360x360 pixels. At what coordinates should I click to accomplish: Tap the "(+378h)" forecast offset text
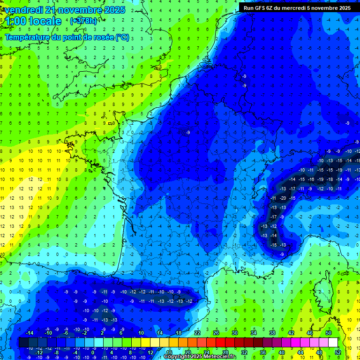86,21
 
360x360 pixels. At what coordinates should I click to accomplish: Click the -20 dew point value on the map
283,198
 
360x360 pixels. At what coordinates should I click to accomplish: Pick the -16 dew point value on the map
310,179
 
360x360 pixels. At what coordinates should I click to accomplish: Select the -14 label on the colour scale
29,333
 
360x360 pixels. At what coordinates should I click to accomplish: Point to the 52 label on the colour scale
337,352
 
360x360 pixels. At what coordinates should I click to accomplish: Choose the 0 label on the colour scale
93,352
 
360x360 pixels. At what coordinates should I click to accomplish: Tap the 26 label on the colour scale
216,333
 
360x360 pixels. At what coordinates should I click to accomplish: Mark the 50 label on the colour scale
328,333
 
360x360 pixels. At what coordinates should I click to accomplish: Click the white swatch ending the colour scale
333,343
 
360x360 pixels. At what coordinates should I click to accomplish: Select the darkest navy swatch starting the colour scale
23,343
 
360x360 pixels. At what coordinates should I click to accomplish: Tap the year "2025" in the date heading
114,10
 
